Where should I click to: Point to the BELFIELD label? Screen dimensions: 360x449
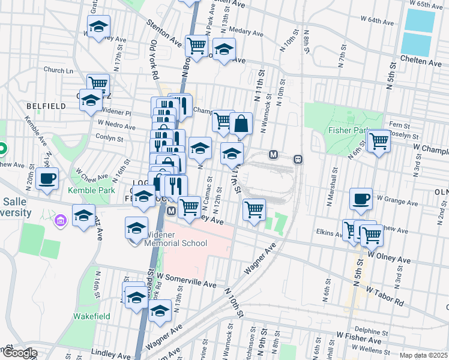coord(46,106)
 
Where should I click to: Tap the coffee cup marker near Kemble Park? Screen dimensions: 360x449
coord(47,178)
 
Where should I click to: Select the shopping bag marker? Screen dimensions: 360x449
coord(241,124)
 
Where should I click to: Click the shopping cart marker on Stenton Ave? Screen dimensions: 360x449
coord(196,44)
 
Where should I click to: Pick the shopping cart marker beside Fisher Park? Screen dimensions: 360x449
coord(379,142)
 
